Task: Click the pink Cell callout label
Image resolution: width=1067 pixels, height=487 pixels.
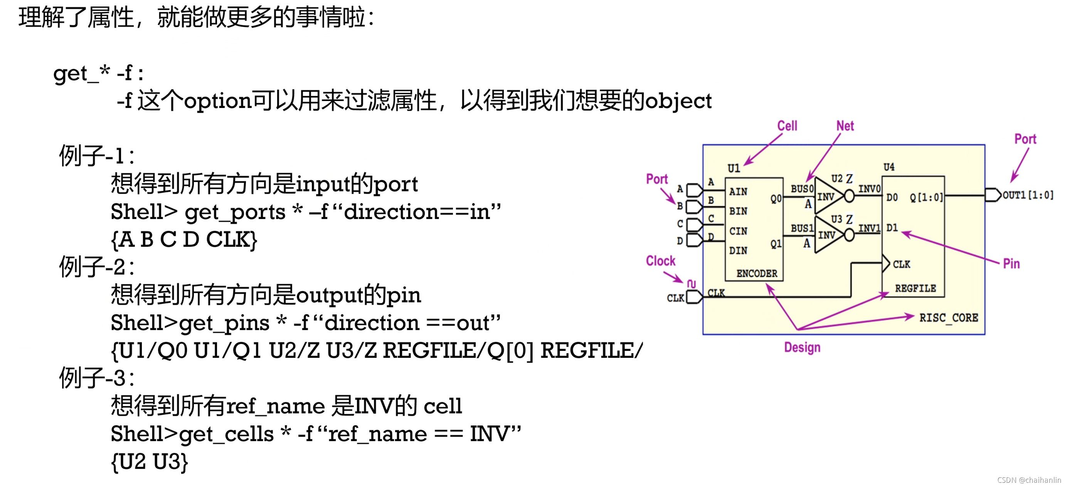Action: (x=787, y=126)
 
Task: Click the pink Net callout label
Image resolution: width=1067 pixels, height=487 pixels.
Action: (x=845, y=126)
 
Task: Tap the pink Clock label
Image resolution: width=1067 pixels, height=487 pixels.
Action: (x=660, y=261)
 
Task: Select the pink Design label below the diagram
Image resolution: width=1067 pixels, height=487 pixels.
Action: (x=802, y=347)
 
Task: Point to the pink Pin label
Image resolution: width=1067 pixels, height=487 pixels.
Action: (x=1011, y=264)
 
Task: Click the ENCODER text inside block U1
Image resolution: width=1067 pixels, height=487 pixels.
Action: (x=757, y=273)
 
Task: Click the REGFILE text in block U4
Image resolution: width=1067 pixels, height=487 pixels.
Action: (x=916, y=288)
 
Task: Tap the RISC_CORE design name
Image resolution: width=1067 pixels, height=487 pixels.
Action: (x=949, y=318)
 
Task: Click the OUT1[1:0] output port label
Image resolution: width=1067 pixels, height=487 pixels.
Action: (x=1028, y=195)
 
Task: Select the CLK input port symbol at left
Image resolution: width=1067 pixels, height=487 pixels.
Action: (x=694, y=297)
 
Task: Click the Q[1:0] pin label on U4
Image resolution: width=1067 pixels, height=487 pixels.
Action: (x=926, y=197)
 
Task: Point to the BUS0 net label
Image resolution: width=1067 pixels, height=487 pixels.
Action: (x=802, y=189)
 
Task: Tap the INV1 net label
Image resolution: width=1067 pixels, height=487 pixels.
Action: (x=869, y=228)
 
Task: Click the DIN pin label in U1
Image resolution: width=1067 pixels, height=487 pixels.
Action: (x=738, y=250)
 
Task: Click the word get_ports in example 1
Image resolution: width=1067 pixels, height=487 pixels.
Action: (x=235, y=212)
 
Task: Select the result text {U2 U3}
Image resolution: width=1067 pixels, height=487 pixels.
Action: (x=150, y=462)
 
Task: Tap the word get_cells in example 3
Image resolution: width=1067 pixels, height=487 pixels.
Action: (x=227, y=434)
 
